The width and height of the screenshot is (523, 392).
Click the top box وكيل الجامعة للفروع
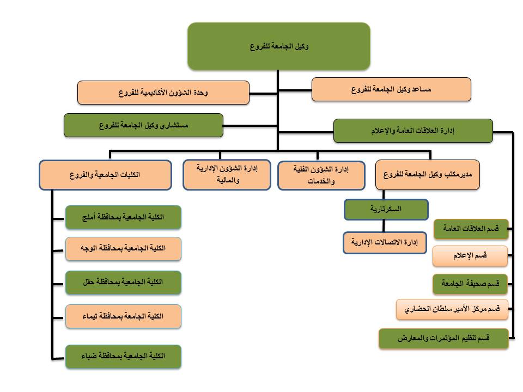(x=279, y=46)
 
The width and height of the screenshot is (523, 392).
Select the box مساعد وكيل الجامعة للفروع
(x=391, y=89)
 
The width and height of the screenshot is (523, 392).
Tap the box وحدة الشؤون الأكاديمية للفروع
(x=163, y=93)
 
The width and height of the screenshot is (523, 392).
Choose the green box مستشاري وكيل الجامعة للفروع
(x=143, y=125)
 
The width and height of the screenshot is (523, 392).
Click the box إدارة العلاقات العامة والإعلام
(x=413, y=131)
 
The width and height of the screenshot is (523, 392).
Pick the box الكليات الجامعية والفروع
(x=105, y=175)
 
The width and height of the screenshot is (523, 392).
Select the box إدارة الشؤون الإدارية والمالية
(x=227, y=175)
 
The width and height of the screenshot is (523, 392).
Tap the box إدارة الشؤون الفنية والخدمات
(x=321, y=175)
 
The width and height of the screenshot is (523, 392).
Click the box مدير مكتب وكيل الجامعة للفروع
(x=428, y=175)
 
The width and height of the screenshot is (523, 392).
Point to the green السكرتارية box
(x=386, y=209)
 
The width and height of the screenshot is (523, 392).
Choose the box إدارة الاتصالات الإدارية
(x=385, y=243)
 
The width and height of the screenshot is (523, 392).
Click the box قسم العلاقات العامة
(x=471, y=229)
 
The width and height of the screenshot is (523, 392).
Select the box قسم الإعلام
(x=470, y=256)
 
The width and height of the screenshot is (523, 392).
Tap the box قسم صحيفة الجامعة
(x=470, y=284)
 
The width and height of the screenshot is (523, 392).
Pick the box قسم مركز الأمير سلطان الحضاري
(x=452, y=309)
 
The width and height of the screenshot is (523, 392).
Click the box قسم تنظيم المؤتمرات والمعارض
(x=443, y=339)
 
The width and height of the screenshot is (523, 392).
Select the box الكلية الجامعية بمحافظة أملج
(x=124, y=217)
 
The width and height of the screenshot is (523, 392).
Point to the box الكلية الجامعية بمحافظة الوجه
(x=124, y=249)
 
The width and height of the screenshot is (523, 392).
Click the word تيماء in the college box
(x=90, y=316)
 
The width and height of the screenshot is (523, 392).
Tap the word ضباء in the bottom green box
(x=89, y=356)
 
